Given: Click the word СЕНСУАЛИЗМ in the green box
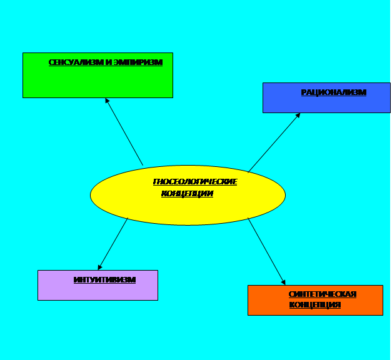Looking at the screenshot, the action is tap(76, 62).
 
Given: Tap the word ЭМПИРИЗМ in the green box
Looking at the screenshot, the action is tap(138, 62).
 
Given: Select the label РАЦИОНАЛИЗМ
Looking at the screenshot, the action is tap(333, 92).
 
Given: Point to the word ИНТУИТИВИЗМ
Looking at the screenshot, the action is tap(104, 280).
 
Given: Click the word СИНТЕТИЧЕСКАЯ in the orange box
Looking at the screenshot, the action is tap(323, 294).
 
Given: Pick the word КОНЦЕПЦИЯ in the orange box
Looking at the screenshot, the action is tap(315, 305).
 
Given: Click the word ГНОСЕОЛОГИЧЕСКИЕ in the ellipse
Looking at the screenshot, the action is tap(195, 182).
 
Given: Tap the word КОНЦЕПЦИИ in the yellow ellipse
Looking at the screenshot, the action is tap(188, 194).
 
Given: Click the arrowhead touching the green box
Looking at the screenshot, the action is tap(107, 100).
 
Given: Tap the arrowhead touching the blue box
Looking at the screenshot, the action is tap(298, 115).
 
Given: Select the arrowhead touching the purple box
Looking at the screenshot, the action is tap(100, 267).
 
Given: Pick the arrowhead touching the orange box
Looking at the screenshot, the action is tap(283, 282).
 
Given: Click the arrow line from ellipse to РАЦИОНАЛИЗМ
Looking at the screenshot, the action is tap(274, 142).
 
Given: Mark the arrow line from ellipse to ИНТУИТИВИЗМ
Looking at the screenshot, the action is tap(113, 244).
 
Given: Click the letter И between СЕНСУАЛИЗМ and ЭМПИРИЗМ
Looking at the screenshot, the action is tap(109, 62).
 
